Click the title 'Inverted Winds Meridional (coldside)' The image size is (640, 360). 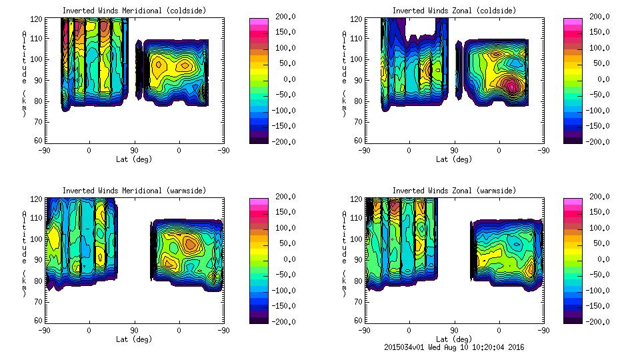(134, 11)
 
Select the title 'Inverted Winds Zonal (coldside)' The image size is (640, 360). (454, 11)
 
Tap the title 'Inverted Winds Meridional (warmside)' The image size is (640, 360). (134, 191)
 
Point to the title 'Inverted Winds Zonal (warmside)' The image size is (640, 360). (454, 191)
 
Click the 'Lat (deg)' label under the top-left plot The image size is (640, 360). (134, 159)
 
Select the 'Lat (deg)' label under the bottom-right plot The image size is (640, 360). (454, 339)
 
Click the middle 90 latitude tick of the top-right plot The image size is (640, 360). (454, 150)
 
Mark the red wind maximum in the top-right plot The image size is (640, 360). (511, 85)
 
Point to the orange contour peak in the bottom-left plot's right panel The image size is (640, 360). (191, 244)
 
